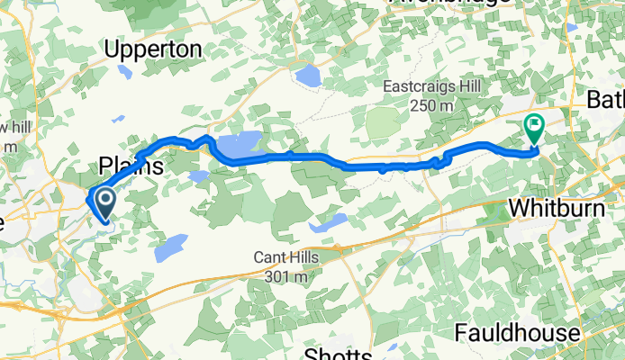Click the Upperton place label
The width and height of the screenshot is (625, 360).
(153, 50)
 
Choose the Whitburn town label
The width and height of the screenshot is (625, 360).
(552, 207)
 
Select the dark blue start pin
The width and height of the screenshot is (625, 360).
(104, 203)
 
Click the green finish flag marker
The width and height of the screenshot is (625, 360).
(533, 129)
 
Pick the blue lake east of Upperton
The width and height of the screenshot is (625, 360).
(308, 76)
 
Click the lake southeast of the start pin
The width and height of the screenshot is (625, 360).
(169, 244)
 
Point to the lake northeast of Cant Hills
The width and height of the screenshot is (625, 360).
(331, 220)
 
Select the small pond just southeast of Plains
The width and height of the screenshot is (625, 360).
(200, 176)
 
